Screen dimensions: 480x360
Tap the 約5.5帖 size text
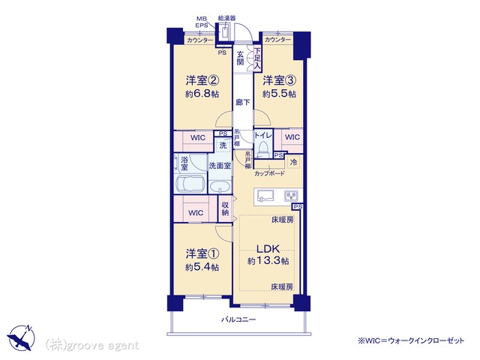[x=279, y=94]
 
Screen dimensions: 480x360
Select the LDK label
[x=268, y=248]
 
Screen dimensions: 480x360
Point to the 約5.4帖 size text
[x=202, y=267]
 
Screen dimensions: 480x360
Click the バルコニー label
[x=238, y=320]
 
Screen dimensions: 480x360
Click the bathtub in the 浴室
[x=190, y=184]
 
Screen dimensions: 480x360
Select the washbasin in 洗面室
[x=220, y=187]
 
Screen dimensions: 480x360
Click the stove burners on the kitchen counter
[x=291, y=196]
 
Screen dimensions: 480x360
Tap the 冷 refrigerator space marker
[x=293, y=162]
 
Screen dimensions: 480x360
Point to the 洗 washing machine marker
[x=223, y=145]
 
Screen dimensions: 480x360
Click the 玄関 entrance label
[x=240, y=58]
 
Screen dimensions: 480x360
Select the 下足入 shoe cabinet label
[x=258, y=58]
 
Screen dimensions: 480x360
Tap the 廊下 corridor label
[x=243, y=103]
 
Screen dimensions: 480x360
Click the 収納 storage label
[x=225, y=208]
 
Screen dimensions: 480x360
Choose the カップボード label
[x=269, y=173]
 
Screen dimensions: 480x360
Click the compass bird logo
[x=22, y=337]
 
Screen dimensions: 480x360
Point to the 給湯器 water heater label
[x=226, y=18]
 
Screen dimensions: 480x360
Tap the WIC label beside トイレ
[x=292, y=136]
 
